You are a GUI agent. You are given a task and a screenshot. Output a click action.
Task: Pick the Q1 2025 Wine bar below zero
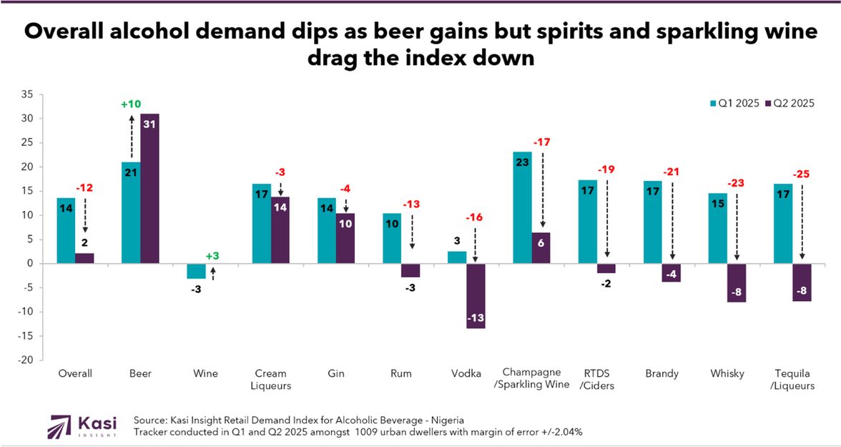point(196,271)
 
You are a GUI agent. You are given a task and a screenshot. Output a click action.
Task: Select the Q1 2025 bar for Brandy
point(652,222)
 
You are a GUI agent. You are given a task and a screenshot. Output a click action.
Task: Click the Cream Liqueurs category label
point(270,379)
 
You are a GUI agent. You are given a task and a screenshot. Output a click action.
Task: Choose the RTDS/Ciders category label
point(597,379)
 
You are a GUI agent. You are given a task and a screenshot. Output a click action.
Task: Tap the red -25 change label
point(803,175)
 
